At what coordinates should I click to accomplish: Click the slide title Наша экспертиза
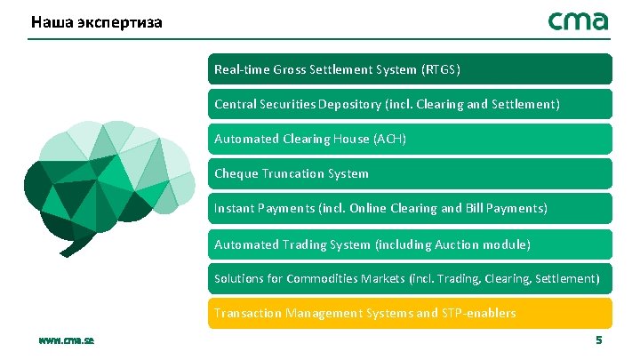96,21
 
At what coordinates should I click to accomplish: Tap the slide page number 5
598,340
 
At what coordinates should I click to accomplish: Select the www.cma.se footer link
67,340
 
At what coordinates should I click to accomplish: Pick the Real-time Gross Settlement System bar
410,69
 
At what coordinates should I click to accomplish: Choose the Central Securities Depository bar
410,104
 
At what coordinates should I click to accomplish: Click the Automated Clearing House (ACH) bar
410,139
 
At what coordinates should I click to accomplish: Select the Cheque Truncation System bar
410,173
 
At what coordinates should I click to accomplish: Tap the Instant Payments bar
410,208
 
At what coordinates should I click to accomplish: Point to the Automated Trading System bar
410,244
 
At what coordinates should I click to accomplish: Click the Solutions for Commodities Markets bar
410,278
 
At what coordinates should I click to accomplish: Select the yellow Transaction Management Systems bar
410,313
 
